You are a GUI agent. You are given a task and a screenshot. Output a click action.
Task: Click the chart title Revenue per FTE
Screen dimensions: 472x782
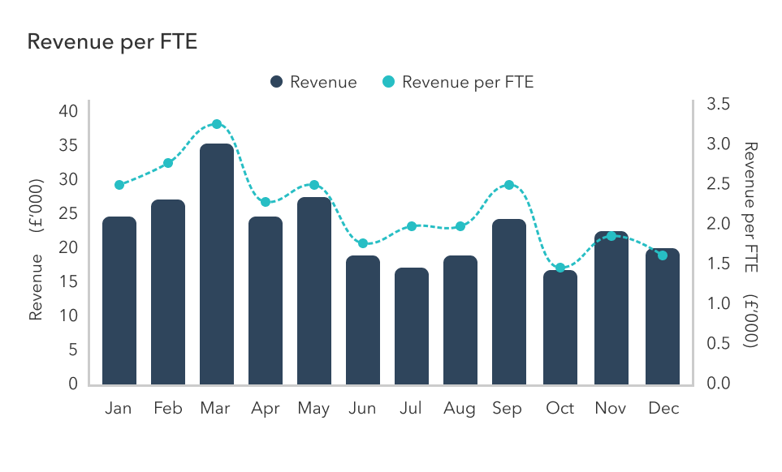tap(112, 42)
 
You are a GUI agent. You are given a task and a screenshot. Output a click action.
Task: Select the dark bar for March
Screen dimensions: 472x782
tap(217, 264)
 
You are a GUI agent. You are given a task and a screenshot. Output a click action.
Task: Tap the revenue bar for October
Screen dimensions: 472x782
tap(560, 327)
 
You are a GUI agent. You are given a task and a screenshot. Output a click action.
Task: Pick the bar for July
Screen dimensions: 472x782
tap(412, 326)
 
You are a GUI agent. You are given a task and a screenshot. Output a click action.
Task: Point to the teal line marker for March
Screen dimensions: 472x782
tap(217, 124)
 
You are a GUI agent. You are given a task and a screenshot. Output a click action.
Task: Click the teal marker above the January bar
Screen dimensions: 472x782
tap(119, 185)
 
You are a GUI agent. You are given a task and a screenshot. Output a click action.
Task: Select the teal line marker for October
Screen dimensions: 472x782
tap(560, 268)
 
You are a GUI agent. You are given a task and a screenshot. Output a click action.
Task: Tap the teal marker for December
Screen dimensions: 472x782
tap(663, 255)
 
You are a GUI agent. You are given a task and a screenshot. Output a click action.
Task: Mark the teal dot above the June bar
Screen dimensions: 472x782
tap(363, 243)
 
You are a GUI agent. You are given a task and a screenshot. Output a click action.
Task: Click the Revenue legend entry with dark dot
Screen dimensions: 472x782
tap(313, 82)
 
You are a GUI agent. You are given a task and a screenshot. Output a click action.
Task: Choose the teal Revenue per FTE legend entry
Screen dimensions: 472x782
tap(458, 82)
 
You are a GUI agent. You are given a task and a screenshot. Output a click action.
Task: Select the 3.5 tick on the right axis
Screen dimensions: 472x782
tap(719, 104)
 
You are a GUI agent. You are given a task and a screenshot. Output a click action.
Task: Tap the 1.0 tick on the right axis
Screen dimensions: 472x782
tap(719, 303)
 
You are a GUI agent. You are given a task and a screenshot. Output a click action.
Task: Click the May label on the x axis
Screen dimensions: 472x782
tap(313, 408)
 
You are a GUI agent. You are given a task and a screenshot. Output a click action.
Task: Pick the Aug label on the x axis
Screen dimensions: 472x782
tap(460, 408)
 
